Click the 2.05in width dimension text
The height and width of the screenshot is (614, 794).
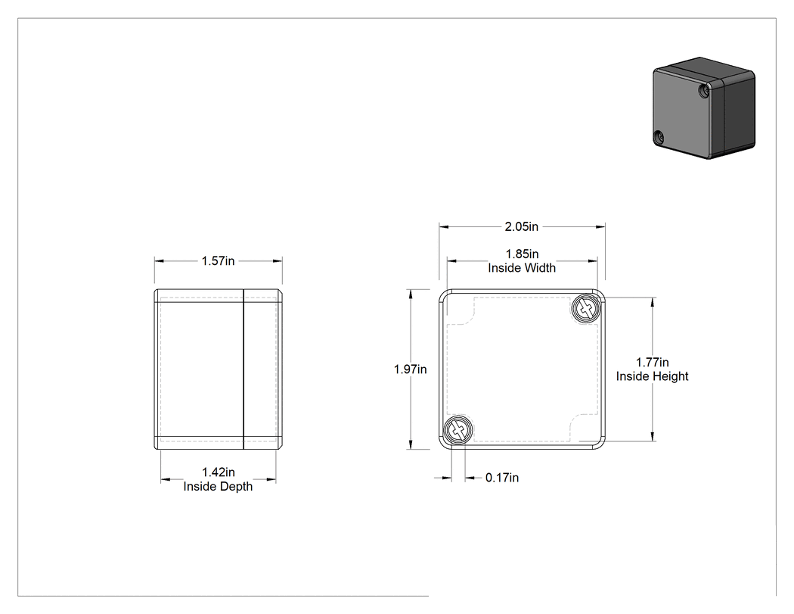pyautogui.click(x=521, y=226)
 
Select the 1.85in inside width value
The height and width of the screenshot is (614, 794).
pyautogui.click(x=522, y=254)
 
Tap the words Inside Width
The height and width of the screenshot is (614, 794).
pyautogui.click(x=522, y=268)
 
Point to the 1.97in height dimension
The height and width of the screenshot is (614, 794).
pyautogui.click(x=410, y=369)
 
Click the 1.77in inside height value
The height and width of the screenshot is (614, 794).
pyautogui.click(x=652, y=363)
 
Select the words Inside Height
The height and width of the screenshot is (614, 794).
pyautogui.click(x=652, y=376)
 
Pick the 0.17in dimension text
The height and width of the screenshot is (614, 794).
pyautogui.click(x=502, y=478)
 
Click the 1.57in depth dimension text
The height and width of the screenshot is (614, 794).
pyautogui.click(x=219, y=261)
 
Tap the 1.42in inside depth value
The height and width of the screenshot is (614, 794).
pyautogui.click(x=219, y=472)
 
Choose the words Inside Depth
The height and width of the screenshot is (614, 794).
pyautogui.click(x=218, y=486)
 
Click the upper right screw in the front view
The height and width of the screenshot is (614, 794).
pyautogui.click(x=586, y=308)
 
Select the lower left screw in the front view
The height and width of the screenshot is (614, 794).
pyautogui.click(x=458, y=431)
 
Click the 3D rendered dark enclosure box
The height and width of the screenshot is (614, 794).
pyautogui.click(x=704, y=108)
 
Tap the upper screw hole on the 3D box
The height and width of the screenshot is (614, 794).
pyautogui.click(x=703, y=92)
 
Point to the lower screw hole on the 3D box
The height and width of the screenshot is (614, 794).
pyautogui.click(x=659, y=137)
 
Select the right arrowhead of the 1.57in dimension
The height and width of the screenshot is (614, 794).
pyautogui.click(x=278, y=261)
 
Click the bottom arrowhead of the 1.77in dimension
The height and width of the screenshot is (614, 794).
pyautogui.click(x=653, y=436)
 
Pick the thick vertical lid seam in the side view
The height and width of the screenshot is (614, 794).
pyautogui.click(x=243, y=369)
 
